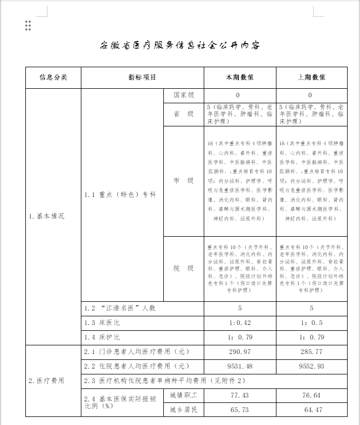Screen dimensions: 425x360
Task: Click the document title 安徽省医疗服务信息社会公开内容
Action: tap(180, 45)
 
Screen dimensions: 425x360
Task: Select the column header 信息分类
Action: tap(53, 77)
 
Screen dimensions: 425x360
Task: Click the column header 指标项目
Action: tap(142, 77)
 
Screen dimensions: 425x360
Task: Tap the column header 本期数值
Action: tap(240, 77)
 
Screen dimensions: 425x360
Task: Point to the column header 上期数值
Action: tap(311, 77)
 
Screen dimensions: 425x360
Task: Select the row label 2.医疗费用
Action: tap(46, 380)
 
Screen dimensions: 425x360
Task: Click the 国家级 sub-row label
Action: tap(183, 95)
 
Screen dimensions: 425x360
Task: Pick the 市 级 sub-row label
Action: tap(183, 181)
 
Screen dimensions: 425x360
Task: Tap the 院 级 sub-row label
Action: tap(183, 268)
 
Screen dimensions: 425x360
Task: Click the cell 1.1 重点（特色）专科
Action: tap(120, 194)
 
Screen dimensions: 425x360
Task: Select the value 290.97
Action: tap(240, 351)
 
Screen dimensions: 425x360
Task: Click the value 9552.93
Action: tap(311, 366)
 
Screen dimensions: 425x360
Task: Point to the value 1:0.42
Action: tap(240, 323)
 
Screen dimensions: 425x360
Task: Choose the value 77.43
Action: tap(240, 395)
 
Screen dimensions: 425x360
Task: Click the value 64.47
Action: tap(311, 410)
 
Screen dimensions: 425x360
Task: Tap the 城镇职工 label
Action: tap(183, 395)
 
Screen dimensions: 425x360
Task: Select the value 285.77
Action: tap(311, 351)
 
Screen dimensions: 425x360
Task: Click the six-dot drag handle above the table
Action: tap(28, 25)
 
